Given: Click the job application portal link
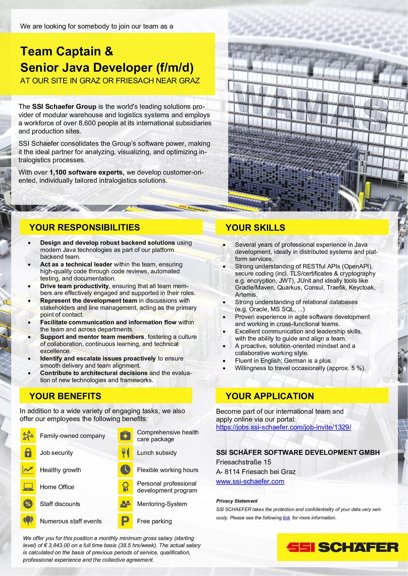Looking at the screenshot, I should coord(283,427).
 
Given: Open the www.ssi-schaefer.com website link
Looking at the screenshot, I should coord(250,481).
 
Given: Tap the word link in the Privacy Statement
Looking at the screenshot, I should coord(286,518).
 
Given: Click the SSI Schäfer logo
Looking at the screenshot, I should coord(342,547).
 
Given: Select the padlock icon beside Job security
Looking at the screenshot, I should coord(28,453).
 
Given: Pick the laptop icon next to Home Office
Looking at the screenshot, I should coord(28,487).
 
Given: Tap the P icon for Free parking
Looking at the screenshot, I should coord(125,521).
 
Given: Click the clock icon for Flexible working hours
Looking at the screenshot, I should coord(125,470).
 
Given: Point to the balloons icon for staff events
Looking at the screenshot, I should coord(28,521).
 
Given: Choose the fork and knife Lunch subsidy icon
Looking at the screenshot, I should coord(125,453).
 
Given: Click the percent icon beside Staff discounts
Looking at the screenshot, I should coord(28,504).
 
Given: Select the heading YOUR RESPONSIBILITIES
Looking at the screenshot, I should coord(85,227).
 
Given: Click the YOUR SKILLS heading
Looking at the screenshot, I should coord(255,228).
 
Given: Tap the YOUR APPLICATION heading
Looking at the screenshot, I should coord(270,396).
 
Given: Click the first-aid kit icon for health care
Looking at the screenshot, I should coord(125,436).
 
